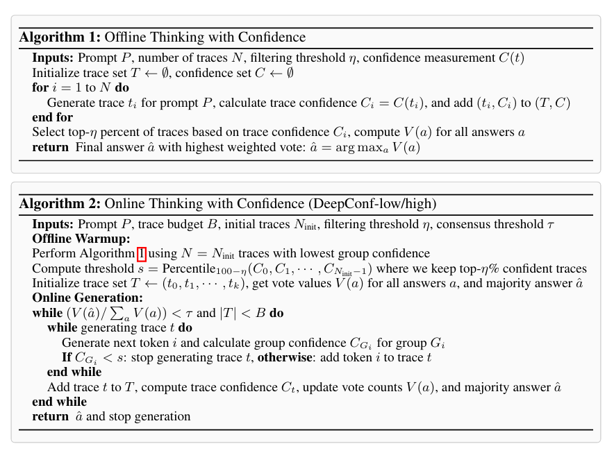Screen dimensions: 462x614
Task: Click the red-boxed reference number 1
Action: [x=141, y=254]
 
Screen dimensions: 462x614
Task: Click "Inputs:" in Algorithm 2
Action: [x=53, y=224]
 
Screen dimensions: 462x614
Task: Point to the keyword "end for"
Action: [x=52, y=117]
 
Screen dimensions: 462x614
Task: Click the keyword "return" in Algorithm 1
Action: [x=50, y=147]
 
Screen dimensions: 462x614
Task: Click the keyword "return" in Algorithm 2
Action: [x=50, y=417]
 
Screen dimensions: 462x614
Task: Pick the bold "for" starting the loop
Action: [x=40, y=88]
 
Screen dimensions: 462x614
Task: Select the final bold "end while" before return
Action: [x=59, y=402]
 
